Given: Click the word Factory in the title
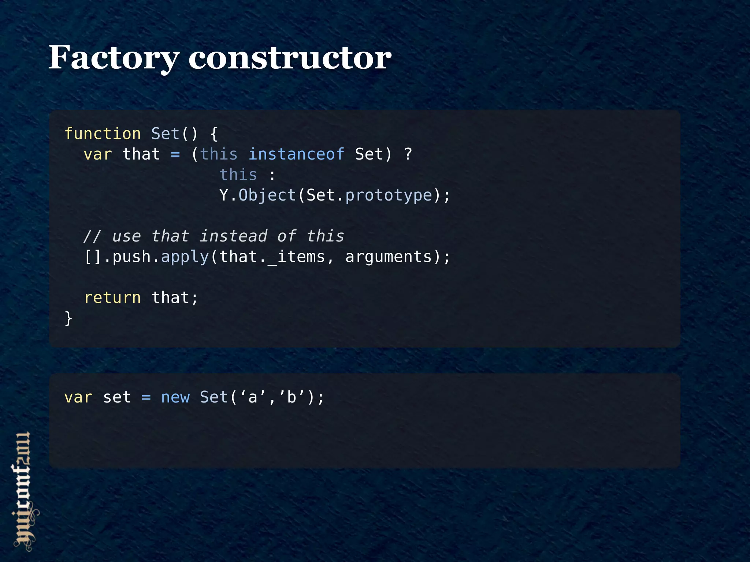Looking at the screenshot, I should (x=114, y=58).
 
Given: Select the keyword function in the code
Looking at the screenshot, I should (x=103, y=134).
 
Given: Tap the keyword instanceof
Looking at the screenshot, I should (x=296, y=154).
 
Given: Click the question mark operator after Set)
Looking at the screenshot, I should (x=408, y=154).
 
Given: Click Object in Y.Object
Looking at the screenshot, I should (x=267, y=195).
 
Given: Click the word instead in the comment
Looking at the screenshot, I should (x=233, y=236).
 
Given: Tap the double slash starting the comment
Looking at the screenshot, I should (x=92, y=236).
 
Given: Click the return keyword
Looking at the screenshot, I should (x=112, y=298).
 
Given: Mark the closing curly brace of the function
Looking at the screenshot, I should (x=68, y=318).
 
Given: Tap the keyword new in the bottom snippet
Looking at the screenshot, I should (x=175, y=397).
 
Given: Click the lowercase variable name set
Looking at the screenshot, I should (x=117, y=397).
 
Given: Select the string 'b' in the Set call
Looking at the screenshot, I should (x=292, y=397).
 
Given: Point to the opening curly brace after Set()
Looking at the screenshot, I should (x=214, y=134).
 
